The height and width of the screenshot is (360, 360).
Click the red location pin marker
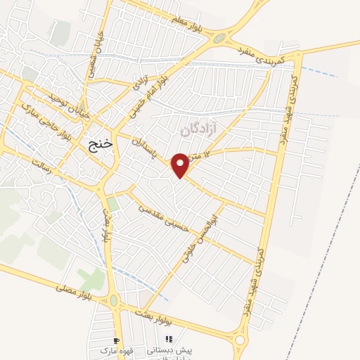[x=181, y=165]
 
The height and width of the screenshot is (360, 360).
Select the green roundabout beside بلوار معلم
[x=221, y=37]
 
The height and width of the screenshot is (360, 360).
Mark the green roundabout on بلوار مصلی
[x=114, y=301]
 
